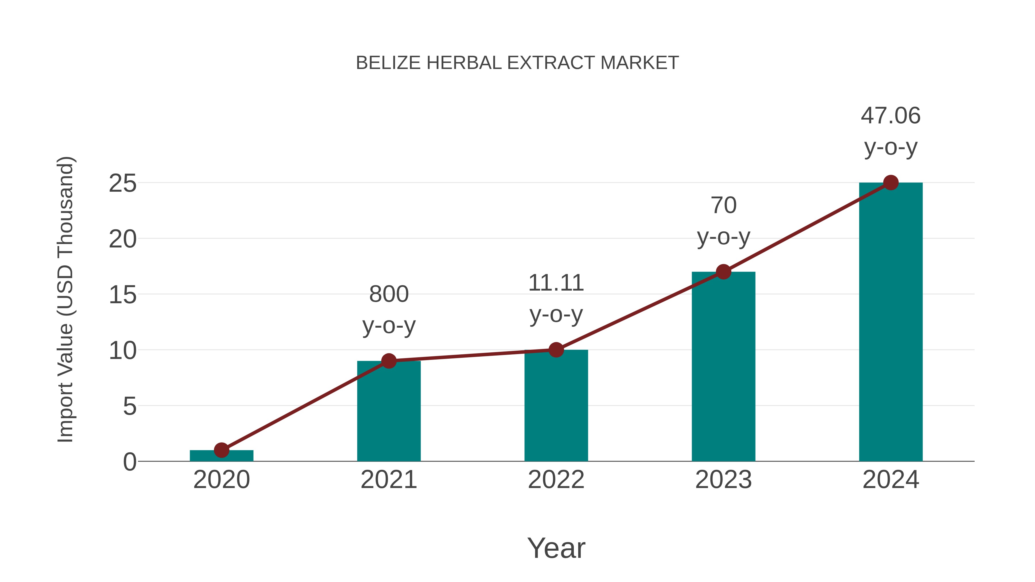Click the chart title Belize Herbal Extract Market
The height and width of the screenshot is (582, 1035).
517,63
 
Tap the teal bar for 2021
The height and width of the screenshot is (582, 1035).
388,414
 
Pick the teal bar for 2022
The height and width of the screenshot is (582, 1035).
556,408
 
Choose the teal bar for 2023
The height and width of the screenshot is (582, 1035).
723,370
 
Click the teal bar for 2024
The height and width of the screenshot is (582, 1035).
891,325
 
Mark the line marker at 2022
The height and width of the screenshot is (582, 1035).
556,350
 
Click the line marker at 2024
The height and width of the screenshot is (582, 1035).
891,183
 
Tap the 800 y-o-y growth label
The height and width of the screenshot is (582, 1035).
388,309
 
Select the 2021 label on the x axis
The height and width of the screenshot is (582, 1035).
388,480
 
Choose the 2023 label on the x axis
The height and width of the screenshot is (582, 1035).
723,480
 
